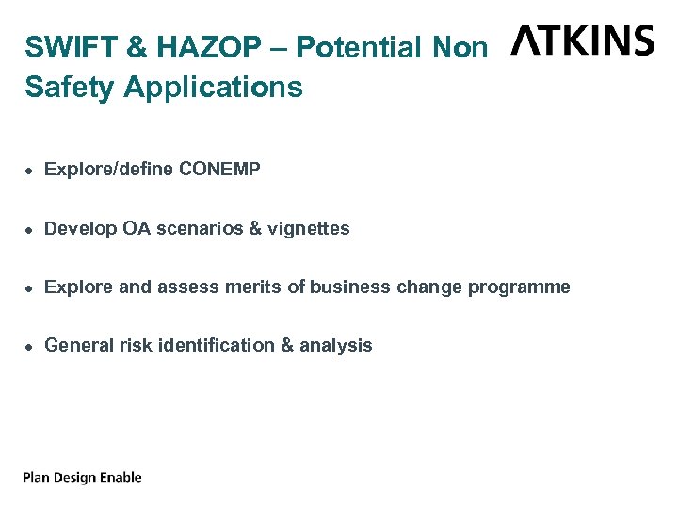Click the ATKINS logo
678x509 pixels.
(583, 41)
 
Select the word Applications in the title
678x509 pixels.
(213, 87)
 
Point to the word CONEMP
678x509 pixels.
(219, 170)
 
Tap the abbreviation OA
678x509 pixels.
(137, 228)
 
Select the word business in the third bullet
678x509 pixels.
(349, 287)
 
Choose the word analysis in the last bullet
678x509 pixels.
(336, 346)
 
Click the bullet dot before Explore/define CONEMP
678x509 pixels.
(29, 171)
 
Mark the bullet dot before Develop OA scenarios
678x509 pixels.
(29, 229)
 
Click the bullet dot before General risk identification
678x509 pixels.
(29, 346)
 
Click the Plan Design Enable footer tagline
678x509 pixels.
(83, 478)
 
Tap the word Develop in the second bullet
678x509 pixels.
(82, 229)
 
